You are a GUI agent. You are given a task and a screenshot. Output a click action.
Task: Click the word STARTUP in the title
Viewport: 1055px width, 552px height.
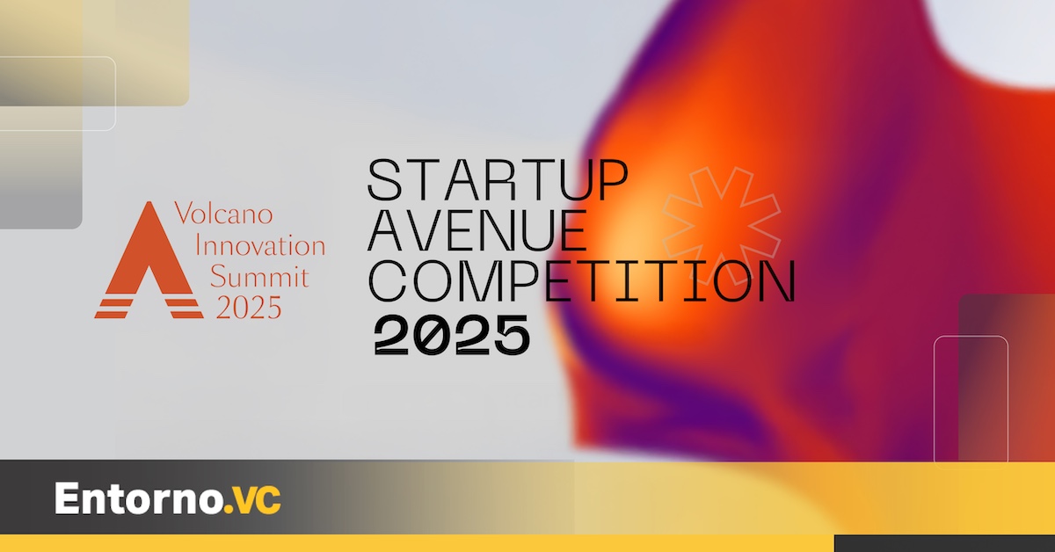tap(498, 179)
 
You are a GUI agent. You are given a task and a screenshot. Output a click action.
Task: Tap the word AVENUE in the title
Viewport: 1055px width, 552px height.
tap(477, 230)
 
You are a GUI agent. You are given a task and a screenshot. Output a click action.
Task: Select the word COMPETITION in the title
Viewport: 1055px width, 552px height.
tap(582, 281)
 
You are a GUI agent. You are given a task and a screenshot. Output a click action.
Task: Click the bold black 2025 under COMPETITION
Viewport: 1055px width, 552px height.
tap(452, 335)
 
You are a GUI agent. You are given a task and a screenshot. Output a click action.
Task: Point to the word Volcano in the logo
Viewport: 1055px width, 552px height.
tap(223, 213)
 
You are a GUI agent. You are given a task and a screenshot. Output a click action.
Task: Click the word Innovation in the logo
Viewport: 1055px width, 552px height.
tap(260, 245)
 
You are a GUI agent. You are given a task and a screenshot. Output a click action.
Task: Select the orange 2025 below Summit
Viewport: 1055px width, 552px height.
tap(249, 308)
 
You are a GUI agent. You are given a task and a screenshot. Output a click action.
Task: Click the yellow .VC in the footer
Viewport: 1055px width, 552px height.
tap(253, 500)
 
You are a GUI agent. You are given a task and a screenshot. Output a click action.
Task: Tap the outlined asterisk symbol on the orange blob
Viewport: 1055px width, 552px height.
tap(722, 226)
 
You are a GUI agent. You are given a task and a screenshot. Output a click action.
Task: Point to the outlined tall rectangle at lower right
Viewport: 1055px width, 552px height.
tap(971, 402)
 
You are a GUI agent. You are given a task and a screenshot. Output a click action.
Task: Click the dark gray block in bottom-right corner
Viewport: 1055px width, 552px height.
tap(944, 543)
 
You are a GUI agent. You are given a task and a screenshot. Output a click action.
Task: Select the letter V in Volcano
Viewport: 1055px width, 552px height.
tap(184, 213)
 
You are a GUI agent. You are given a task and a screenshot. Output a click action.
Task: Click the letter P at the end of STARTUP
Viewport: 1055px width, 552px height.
tap(612, 179)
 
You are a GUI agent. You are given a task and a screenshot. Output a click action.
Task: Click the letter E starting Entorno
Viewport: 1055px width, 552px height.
tap(67, 498)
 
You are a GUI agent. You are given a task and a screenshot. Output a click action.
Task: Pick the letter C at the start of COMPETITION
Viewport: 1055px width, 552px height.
tap(386, 281)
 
